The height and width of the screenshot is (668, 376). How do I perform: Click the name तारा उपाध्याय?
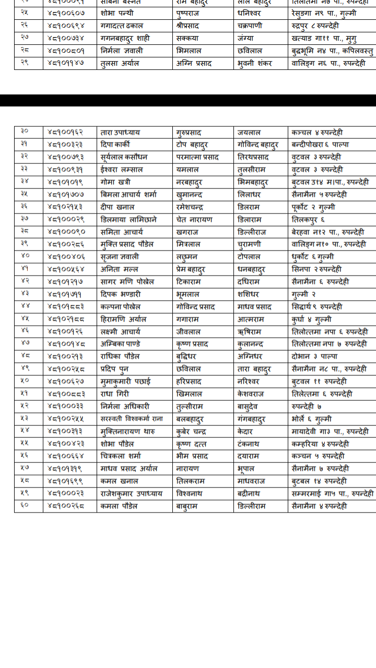point(120,133)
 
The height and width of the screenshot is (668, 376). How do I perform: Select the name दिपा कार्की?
point(115,145)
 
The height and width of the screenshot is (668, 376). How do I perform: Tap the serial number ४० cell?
point(25,257)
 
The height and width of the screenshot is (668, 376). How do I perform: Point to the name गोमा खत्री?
point(115,182)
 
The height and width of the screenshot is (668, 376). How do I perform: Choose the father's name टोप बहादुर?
point(195,145)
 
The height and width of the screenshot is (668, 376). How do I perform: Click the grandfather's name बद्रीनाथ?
point(249,494)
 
